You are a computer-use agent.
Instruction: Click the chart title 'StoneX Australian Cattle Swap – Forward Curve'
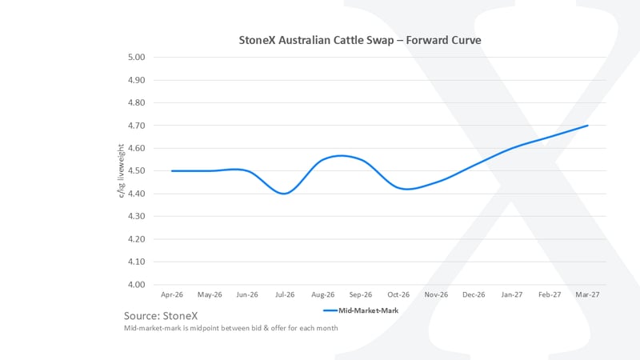[360, 39]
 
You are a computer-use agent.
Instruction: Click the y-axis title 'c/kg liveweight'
[121, 171]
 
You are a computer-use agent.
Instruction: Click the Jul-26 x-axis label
[285, 294]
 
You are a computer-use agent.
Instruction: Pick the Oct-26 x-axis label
[398, 294]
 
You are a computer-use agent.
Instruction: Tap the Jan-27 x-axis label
[512, 294]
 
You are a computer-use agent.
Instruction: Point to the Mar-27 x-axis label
[587, 294]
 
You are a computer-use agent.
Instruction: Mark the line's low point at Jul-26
[285, 194]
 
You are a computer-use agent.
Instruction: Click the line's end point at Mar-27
[587, 126]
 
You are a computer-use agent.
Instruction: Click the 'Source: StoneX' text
[162, 314]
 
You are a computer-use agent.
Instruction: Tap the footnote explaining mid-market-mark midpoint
[230, 328]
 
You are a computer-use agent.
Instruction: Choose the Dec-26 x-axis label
[474, 294]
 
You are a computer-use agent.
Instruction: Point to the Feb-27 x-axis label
[550, 294]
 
